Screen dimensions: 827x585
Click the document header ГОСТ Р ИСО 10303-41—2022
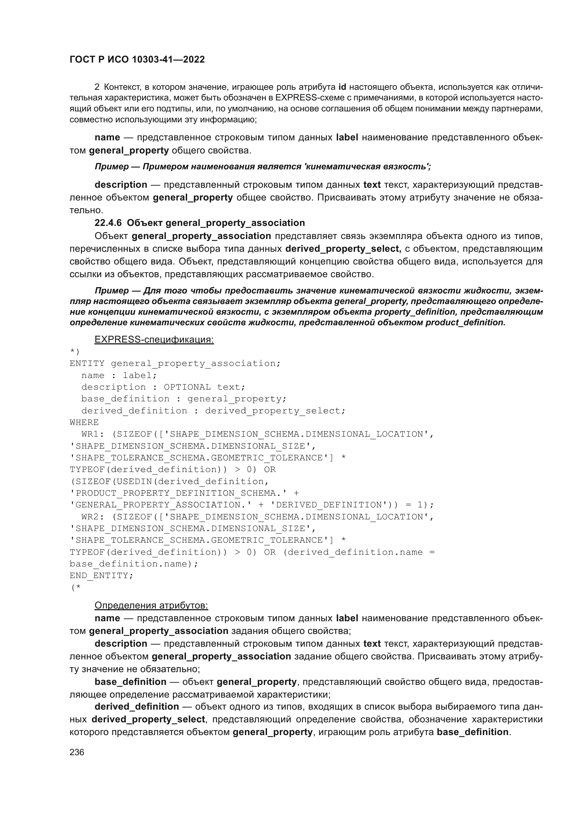point(137,59)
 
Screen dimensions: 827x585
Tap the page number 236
point(77,752)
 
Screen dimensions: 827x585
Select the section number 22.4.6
point(108,223)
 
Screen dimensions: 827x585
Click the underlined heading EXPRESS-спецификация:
point(154,340)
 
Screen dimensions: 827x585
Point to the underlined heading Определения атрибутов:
point(151,605)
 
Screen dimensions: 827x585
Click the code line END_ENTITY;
point(101,576)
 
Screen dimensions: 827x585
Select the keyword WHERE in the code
point(84,423)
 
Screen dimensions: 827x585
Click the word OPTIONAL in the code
point(187,387)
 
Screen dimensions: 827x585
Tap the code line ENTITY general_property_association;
point(175,363)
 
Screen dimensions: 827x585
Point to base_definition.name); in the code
point(134,564)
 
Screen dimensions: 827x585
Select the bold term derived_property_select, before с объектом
point(343,249)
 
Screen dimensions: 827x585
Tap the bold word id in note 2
point(342,87)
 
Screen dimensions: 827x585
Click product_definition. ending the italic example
point(465,322)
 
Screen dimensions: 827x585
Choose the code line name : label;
point(119,375)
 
